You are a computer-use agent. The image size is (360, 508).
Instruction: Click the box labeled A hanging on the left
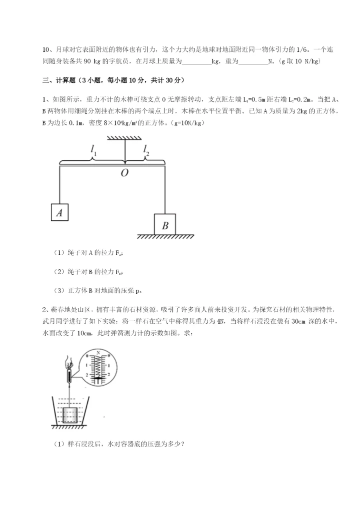59,212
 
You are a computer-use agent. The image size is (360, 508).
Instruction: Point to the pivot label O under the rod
124,172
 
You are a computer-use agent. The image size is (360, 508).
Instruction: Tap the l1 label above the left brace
93,148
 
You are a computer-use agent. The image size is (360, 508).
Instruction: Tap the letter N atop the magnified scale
98,353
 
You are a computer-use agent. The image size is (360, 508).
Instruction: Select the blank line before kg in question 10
196,62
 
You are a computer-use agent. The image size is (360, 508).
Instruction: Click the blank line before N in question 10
253,62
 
